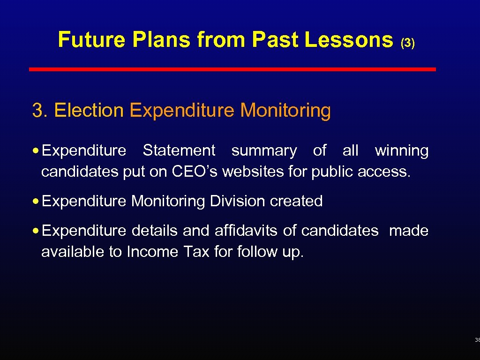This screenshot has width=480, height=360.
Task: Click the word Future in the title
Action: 91,40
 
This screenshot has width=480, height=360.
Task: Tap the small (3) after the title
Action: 407,43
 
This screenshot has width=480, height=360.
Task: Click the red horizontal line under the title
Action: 232,69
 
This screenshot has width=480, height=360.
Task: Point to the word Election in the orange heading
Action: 89,111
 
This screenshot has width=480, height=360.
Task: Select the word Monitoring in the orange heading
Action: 285,111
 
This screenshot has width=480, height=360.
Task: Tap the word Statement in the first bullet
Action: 179,151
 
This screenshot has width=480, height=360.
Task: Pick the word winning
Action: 401,151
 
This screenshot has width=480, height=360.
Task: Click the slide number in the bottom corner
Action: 477,340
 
